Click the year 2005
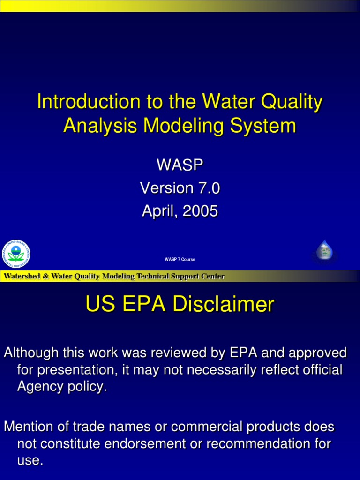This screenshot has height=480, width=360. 200,211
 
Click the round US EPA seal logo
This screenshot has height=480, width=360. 16,254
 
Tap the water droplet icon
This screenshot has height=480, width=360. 324,251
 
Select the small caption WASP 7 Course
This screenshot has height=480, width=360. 180,259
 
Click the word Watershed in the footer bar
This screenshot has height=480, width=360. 22,276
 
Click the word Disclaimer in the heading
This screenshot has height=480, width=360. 223,305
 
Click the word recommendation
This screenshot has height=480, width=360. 262,443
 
